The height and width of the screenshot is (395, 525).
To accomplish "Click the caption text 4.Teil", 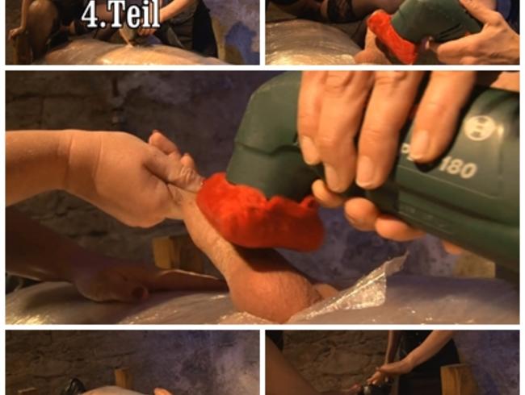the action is (x=120, y=15).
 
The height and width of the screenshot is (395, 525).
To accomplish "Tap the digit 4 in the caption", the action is (x=90, y=15).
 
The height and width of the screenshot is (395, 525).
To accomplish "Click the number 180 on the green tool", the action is (x=458, y=168).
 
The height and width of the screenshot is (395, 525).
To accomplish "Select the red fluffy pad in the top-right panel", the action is (x=392, y=37).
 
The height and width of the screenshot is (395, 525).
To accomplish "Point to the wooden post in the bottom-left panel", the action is (x=121, y=380).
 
